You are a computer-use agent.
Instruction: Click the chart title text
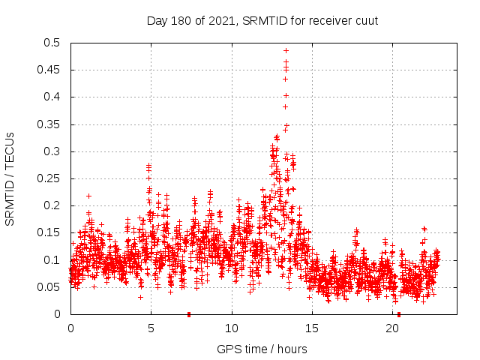262,20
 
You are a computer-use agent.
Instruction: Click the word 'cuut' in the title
365,20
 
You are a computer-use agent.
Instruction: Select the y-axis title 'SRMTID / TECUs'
10,178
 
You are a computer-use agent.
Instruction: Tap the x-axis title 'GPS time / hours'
262,349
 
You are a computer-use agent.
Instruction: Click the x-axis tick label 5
151,328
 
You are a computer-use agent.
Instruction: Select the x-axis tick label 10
232,328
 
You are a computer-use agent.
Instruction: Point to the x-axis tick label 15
312,328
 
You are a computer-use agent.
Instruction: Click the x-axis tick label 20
393,328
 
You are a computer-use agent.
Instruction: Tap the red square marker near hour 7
189,314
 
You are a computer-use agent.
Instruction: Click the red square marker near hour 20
399,314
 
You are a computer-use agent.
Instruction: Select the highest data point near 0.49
286,51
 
